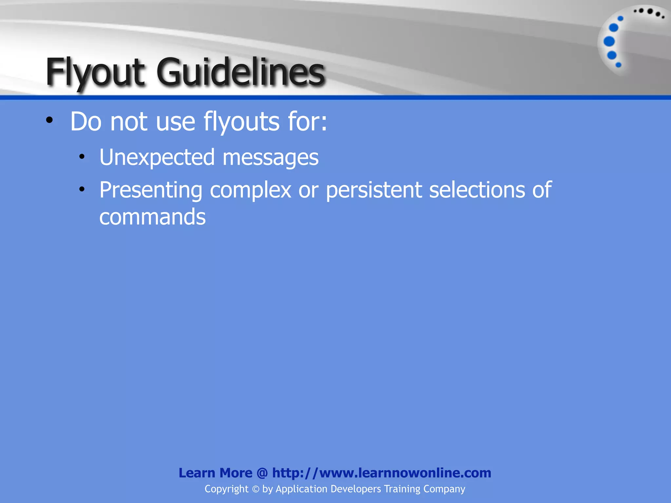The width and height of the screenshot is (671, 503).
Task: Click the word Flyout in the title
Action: coord(95,72)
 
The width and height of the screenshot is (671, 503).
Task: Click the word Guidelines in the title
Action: coord(241,72)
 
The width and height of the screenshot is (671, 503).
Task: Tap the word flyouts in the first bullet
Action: coord(241,122)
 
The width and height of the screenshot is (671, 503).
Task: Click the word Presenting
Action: coord(151,191)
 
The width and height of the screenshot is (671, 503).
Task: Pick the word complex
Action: coord(250,191)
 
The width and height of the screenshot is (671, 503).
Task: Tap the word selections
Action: coord(477,190)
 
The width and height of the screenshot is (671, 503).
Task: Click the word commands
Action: coord(152,217)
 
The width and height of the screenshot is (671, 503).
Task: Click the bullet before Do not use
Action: coord(49,120)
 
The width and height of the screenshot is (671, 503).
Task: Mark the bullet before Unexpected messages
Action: coord(82,157)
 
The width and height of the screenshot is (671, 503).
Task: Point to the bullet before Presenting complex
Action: coord(82,189)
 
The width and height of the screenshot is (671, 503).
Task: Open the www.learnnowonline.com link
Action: coord(405,473)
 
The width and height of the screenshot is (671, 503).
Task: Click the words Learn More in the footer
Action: coord(215,473)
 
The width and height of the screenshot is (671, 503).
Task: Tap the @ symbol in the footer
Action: coord(262,473)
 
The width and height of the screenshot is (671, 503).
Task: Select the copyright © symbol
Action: coord(255,489)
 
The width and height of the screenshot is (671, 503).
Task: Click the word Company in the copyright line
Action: coord(444,489)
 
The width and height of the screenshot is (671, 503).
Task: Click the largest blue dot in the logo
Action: coord(609,42)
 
